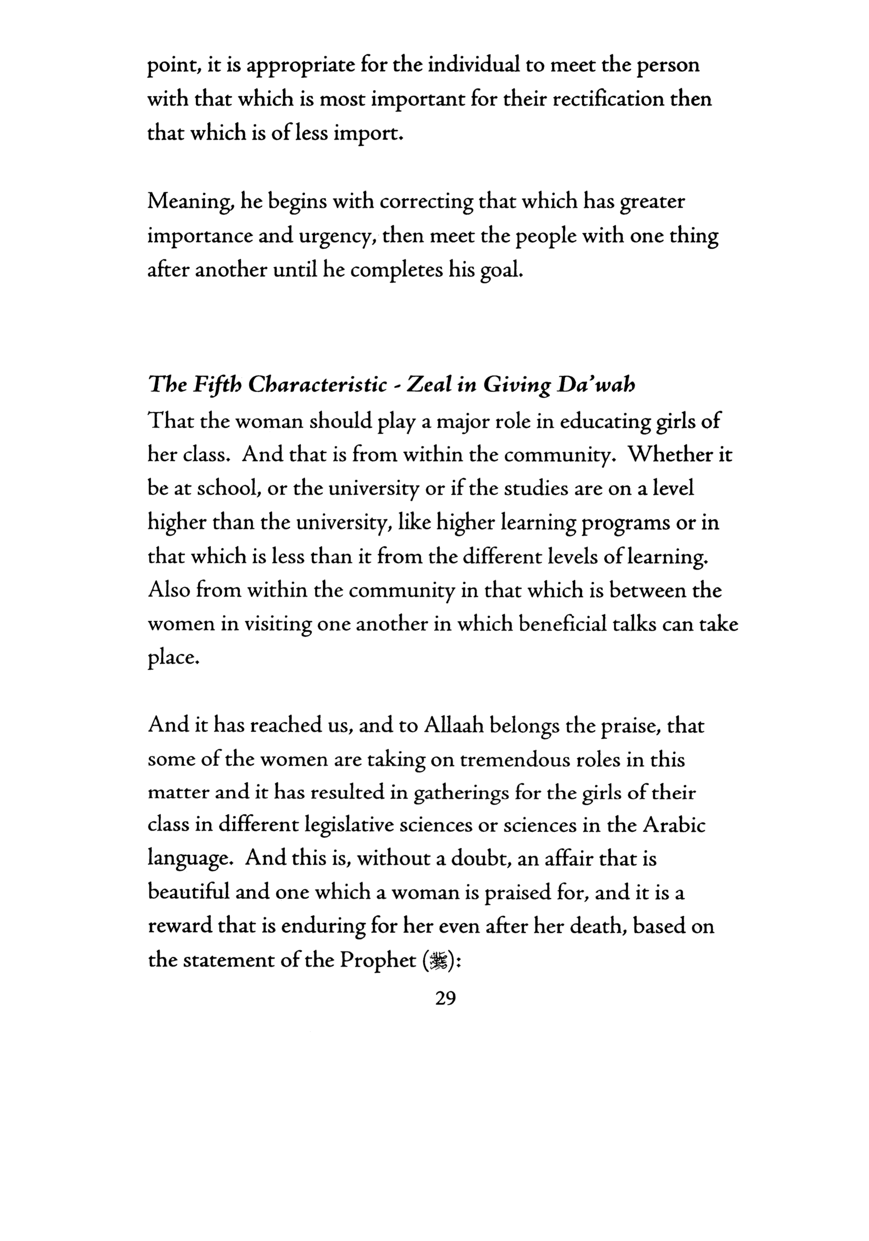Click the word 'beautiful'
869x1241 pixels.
tap(188, 894)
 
